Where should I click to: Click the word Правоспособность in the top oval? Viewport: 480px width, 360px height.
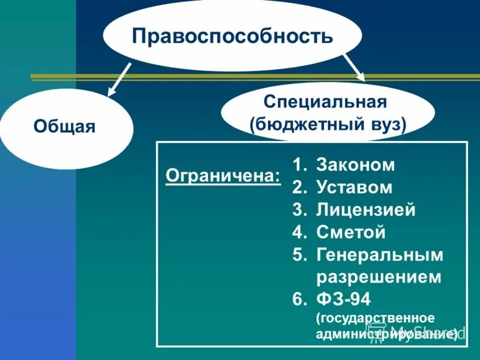(x=232, y=36)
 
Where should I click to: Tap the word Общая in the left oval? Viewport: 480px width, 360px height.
(x=65, y=127)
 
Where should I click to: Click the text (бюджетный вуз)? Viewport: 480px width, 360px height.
(x=328, y=124)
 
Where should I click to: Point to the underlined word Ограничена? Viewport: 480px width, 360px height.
(x=223, y=176)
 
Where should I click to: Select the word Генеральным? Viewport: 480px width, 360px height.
(x=379, y=256)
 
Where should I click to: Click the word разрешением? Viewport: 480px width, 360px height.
(x=378, y=278)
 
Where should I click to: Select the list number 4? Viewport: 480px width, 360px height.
(x=299, y=233)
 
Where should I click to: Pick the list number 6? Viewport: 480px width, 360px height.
(x=299, y=300)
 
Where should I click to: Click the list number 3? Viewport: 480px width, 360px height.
(x=299, y=210)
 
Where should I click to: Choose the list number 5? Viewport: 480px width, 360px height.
(x=299, y=256)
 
